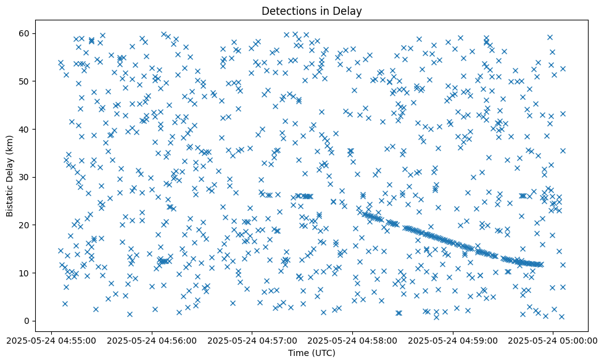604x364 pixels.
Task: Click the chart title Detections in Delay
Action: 311,11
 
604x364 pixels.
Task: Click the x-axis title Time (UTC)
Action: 311,353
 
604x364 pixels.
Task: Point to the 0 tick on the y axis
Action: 27,321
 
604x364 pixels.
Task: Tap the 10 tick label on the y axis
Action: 25,273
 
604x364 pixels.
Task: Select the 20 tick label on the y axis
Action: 25,225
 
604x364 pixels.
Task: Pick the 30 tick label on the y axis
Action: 25,177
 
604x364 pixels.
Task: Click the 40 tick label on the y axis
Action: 25,129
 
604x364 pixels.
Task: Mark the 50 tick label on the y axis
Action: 25,81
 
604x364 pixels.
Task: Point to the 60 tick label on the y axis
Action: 25,33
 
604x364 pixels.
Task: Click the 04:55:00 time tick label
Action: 52,340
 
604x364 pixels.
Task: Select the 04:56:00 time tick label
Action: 152,340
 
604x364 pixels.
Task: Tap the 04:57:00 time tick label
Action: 252,340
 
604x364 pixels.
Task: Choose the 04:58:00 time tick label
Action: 353,340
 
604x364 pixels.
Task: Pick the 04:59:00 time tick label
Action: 453,340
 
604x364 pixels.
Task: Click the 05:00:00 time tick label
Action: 553,340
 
